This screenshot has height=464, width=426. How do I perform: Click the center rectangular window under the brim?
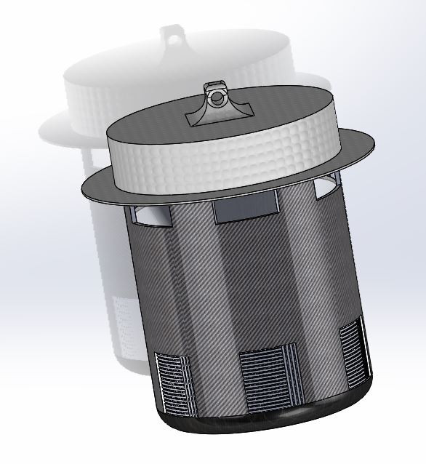coord(246,210)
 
